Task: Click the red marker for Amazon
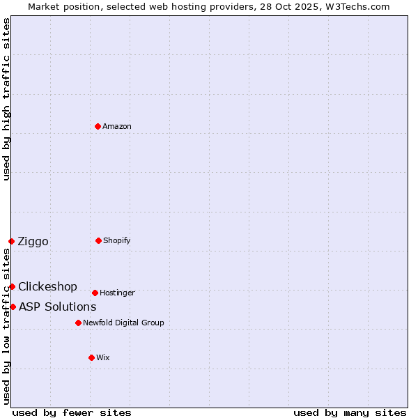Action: coord(98,126)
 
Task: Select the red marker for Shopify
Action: coord(98,240)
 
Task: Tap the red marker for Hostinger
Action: coord(95,293)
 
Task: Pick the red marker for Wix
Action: coord(91,357)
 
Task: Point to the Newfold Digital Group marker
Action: coord(78,323)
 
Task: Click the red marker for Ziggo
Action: coord(12,241)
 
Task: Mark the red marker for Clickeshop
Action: coord(12,286)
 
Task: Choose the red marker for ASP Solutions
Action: coord(13,307)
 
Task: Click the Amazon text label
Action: coord(117,126)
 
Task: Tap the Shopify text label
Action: coord(117,240)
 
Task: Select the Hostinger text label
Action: coord(117,293)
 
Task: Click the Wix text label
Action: coord(103,357)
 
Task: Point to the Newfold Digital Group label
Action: coord(123,323)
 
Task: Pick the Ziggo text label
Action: coord(33,241)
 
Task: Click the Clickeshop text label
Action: coord(47,286)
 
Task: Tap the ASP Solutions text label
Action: coord(57,307)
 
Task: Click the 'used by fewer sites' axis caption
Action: coord(72,412)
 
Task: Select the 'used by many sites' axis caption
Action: coord(350,412)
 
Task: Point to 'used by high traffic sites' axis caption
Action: coord(6,99)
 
